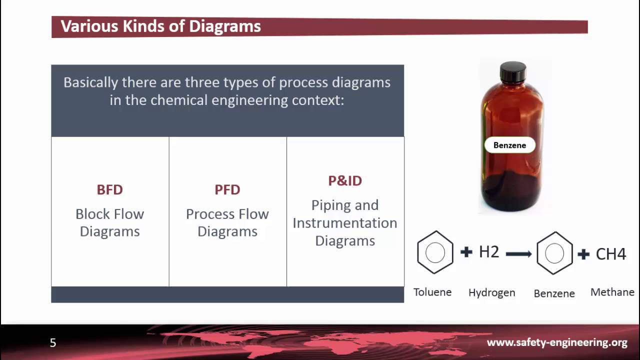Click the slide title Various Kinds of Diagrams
(x=160, y=26)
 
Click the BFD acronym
(x=109, y=189)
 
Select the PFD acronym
(x=227, y=189)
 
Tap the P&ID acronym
(x=345, y=180)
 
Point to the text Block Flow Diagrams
(x=109, y=222)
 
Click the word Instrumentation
(x=345, y=223)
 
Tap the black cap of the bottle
(x=513, y=72)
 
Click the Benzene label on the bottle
(x=509, y=145)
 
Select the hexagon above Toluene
(x=435, y=252)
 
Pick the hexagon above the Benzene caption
(x=554, y=253)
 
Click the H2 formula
(x=489, y=252)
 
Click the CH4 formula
(x=611, y=254)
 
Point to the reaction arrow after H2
(x=518, y=254)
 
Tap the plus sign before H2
(x=466, y=252)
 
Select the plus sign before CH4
(x=583, y=254)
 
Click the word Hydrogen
(x=491, y=293)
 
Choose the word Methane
(x=612, y=292)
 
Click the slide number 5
(x=53, y=342)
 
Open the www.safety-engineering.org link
(x=557, y=342)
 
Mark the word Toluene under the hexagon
(x=432, y=292)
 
